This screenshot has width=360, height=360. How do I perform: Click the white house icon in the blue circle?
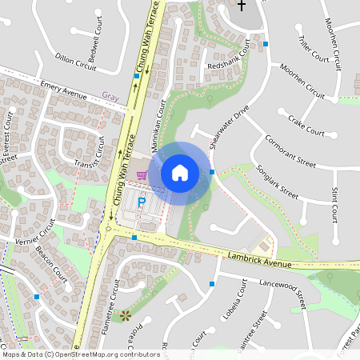pos(179,172)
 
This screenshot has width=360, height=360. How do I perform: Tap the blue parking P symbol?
pos(142,202)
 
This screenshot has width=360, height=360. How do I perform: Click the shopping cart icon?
pos(142,176)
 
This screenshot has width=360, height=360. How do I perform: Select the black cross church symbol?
pos(242,6)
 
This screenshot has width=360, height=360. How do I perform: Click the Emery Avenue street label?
pos(63,89)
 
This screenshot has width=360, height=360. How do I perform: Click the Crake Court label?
pos(306,126)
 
